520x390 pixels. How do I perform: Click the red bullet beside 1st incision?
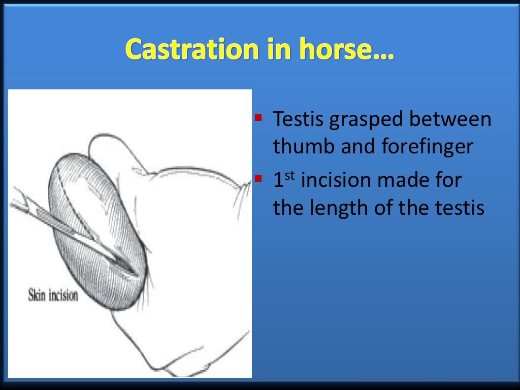click(258, 179)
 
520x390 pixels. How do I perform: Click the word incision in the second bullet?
click(336, 181)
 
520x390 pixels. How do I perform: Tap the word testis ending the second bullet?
click(463, 208)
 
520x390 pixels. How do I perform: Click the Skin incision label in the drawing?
click(53, 295)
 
